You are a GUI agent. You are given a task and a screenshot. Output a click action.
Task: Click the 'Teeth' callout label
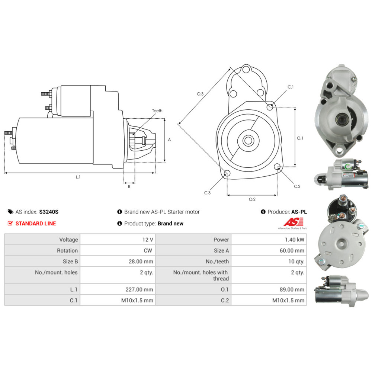(157, 111)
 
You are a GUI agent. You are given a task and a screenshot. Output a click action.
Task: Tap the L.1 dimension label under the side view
(78, 177)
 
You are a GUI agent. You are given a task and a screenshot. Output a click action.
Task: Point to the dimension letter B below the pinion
(129, 186)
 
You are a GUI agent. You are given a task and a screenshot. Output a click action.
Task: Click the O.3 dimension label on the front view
(200, 94)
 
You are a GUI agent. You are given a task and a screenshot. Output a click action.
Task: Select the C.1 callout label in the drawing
(291, 87)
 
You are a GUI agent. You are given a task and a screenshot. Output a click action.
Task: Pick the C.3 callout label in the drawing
(207, 193)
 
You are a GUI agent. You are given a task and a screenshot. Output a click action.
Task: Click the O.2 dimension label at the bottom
(252, 199)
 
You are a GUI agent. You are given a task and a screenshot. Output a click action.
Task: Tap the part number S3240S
(49, 212)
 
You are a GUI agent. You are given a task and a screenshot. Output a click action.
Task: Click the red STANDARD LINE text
(36, 224)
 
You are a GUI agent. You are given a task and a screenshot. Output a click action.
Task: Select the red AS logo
(294, 222)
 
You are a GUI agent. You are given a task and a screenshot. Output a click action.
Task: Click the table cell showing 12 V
(118, 240)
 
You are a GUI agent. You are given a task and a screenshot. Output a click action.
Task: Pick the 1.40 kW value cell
(269, 240)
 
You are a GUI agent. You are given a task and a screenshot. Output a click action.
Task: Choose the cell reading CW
(118, 250)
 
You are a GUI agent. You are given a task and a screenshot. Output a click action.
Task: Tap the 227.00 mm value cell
(118, 289)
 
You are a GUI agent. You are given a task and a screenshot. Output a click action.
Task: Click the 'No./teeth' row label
(217, 262)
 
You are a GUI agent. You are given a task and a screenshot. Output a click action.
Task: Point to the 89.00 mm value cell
(269, 289)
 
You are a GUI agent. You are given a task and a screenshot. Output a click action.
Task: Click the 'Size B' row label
(70, 262)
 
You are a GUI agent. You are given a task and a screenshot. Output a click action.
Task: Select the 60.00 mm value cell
(269, 250)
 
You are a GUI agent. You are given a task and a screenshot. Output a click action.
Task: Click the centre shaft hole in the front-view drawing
(248, 141)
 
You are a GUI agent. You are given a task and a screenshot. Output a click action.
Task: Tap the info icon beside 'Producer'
(263, 212)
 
